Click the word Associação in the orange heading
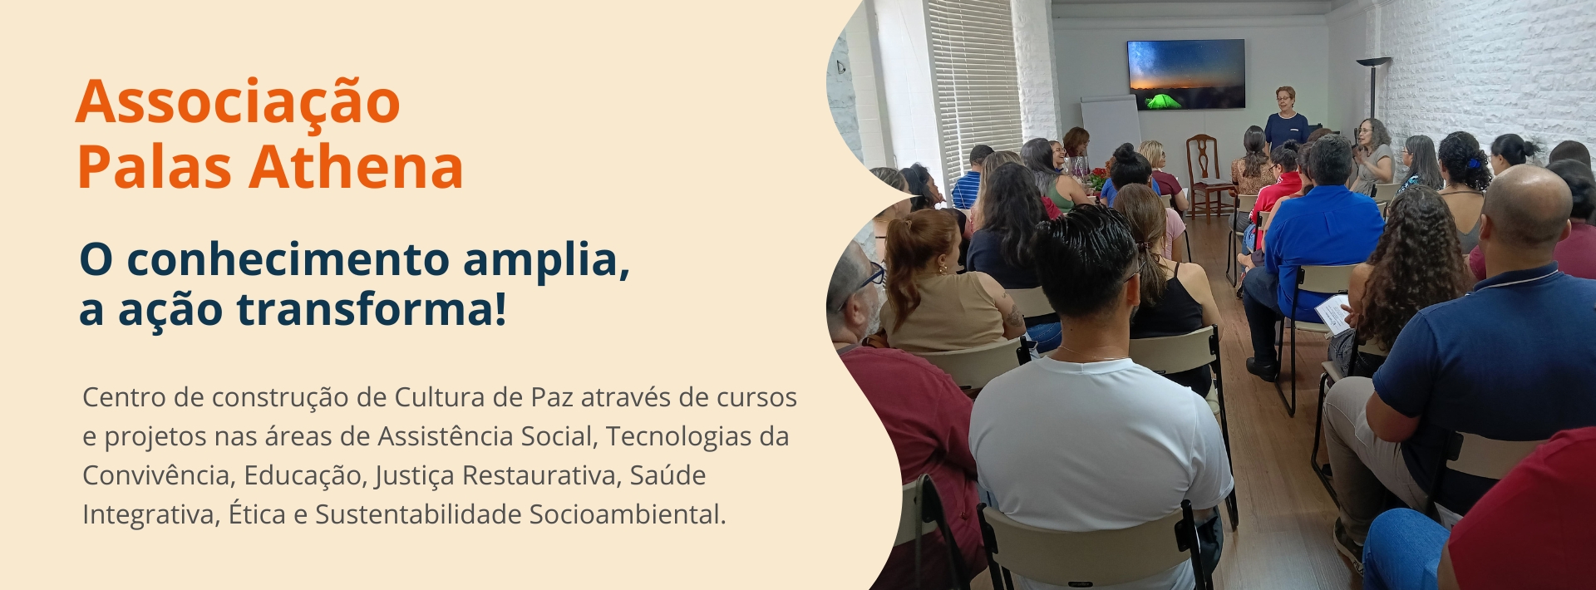[x=239, y=103]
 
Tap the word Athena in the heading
[x=356, y=166]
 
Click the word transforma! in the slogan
[x=372, y=309]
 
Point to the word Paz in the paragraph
[x=552, y=397]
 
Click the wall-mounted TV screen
[x=1185, y=75]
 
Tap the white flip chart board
[x=1110, y=129]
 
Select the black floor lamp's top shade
[x=1373, y=61]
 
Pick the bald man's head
[x=1526, y=206]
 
